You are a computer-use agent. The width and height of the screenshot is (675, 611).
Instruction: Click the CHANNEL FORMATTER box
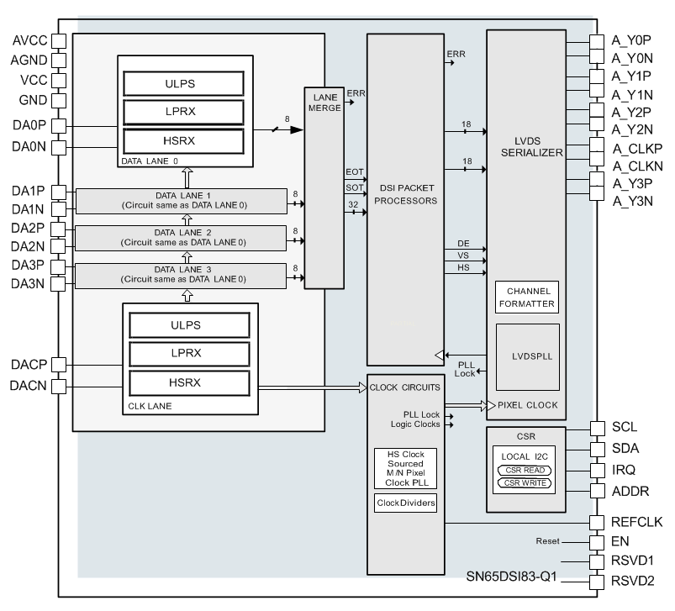tap(526, 297)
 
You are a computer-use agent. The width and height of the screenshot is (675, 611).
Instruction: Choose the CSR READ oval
tap(528, 471)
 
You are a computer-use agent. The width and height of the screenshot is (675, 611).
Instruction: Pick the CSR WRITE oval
tap(528, 482)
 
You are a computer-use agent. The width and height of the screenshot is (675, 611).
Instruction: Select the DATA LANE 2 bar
tap(182, 237)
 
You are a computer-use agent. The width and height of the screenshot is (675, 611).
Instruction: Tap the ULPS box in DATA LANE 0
tap(183, 83)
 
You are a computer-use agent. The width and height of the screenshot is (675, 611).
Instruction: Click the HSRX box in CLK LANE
tap(189, 382)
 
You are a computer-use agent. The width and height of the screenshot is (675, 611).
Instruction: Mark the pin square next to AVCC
tap(59, 41)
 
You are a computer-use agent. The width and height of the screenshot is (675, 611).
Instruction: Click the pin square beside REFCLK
tap(596, 523)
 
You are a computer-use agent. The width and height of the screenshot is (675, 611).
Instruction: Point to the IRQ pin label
tap(623, 470)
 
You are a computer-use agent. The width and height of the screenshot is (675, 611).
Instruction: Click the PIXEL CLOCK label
tap(527, 405)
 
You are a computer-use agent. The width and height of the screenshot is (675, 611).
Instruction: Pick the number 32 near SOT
tap(353, 203)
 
